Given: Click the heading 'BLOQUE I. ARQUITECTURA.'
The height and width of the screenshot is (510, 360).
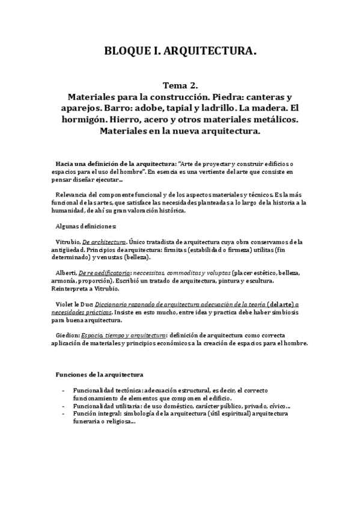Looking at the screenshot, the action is click(x=180, y=52).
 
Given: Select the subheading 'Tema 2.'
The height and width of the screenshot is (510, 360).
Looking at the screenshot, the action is click(x=180, y=86).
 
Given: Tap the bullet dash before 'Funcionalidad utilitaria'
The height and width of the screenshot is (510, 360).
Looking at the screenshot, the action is click(x=64, y=406).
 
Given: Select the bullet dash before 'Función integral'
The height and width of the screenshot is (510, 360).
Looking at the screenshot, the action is click(x=64, y=414).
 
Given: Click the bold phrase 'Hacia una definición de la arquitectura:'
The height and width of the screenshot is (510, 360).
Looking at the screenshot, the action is click(x=112, y=164).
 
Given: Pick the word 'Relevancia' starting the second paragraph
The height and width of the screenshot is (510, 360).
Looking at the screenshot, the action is click(x=70, y=195).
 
